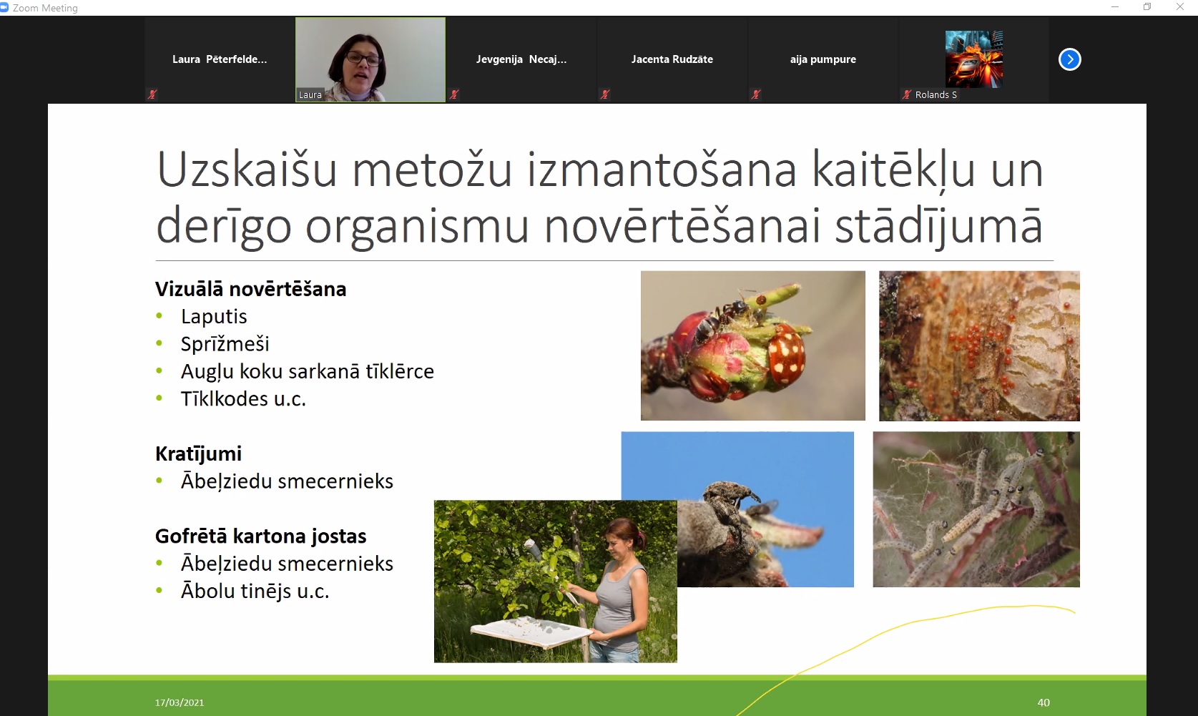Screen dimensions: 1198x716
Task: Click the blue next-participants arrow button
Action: point(1070,59)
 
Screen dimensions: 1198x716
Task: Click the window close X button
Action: point(1180,7)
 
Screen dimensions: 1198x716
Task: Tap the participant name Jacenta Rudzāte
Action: point(672,59)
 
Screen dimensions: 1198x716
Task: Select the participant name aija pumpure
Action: point(823,59)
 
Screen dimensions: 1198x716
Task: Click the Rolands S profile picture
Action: point(974,59)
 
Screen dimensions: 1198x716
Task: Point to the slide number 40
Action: point(1044,702)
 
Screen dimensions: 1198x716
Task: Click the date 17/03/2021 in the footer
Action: point(180,702)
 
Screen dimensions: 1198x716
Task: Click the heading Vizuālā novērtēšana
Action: point(251,289)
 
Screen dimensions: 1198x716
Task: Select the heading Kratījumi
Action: point(198,454)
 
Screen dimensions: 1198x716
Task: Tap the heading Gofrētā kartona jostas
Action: point(261,536)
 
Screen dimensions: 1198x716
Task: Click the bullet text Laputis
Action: point(214,317)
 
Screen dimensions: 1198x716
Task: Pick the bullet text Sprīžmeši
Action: point(225,344)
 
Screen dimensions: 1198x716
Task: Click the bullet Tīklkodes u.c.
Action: point(243,399)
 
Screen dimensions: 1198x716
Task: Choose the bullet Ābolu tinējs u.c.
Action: point(255,592)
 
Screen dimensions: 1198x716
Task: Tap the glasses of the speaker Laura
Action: point(363,58)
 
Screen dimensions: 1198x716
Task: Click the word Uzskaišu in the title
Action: point(247,170)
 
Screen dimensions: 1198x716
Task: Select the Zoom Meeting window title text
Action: point(46,8)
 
